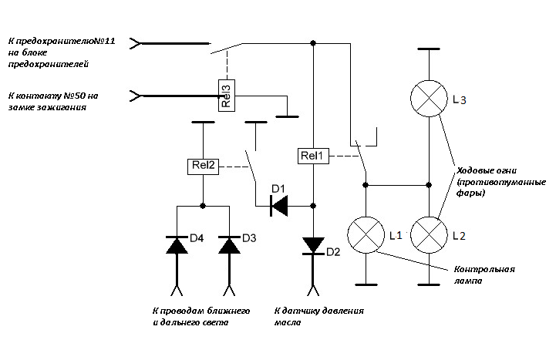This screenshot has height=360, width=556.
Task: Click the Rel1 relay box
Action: coord(313,156)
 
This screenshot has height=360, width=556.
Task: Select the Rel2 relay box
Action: coord(202,165)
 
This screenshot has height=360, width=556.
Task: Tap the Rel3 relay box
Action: coord(226,96)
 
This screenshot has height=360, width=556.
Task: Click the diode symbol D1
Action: coord(278,205)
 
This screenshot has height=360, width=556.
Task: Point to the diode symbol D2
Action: coord(313,244)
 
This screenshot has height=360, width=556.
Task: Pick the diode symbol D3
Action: coord(229,244)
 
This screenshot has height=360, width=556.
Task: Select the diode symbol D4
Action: coord(177,244)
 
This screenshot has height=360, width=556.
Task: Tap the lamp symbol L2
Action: coord(428,234)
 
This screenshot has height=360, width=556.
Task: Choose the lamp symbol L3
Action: coord(428,99)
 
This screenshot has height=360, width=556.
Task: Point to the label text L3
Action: coord(460,99)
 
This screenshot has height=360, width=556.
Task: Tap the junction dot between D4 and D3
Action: coord(202,206)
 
